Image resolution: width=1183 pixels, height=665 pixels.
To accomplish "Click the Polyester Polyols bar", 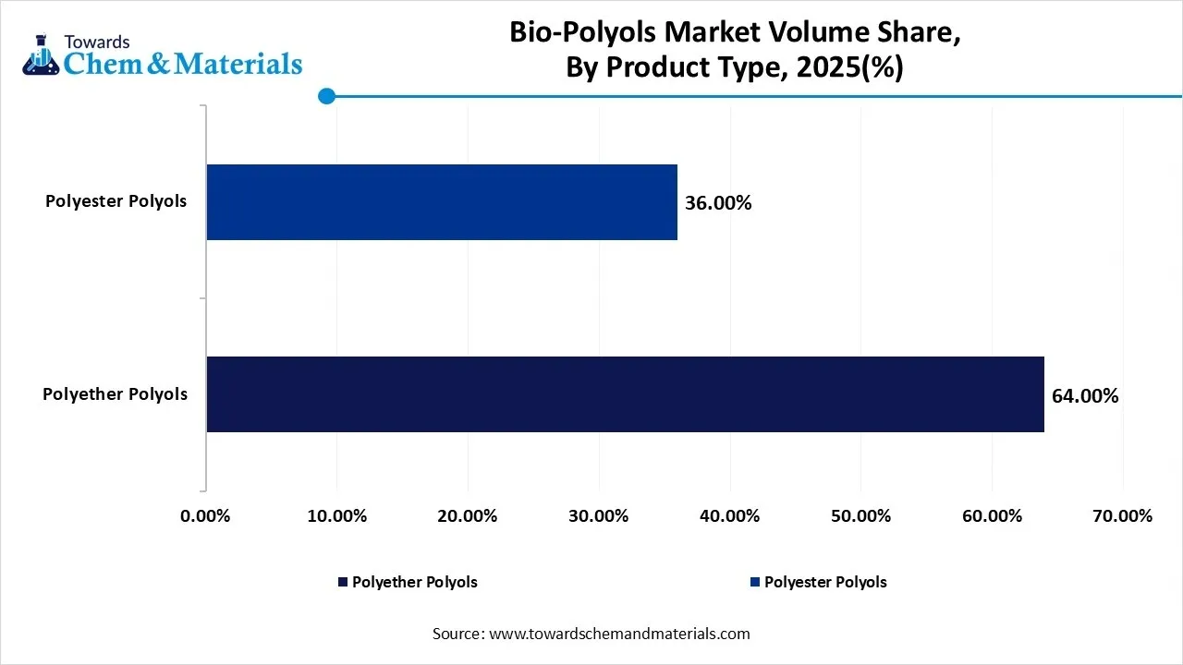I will [x=442, y=202].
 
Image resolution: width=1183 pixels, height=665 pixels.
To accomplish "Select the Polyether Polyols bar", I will [x=625, y=394].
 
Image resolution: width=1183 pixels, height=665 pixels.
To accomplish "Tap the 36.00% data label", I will [x=718, y=203].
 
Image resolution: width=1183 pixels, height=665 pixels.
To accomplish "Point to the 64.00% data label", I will [x=1085, y=396].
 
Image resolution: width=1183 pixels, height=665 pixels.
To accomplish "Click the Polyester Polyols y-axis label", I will [x=116, y=201].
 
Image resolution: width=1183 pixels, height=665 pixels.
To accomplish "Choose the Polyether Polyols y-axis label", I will [x=115, y=394].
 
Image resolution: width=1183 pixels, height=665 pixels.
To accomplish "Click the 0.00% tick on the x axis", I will [x=205, y=515].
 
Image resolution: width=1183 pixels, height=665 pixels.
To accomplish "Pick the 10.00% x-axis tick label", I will [x=336, y=515].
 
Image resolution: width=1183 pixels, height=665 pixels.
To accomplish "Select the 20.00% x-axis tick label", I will [x=468, y=515].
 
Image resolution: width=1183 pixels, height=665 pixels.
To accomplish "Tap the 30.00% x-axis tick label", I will [x=599, y=515].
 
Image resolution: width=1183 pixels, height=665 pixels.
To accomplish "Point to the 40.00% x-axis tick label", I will [x=730, y=515].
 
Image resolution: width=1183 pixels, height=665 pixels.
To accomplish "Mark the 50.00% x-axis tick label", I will [x=860, y=515].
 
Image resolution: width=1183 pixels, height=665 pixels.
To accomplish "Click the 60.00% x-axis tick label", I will [x=992, y=515].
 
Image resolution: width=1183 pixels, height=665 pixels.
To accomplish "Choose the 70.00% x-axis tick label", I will [x=1123, y=515].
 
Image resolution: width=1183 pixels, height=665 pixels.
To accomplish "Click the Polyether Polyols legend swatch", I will [x=343, y=582].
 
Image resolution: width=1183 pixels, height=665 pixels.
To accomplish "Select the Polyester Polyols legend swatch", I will [x=755, y=582].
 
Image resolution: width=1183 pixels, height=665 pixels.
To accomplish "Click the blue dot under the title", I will [x=326, y=96].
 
